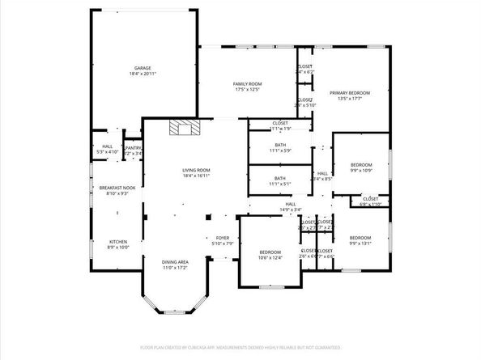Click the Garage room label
[x=143, y=68]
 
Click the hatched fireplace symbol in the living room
[x=183, y=127]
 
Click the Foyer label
[x=222, y=238]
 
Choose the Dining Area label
[x=176, y=262]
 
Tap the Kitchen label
[x=118, y=242]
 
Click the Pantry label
[x=134, y=147]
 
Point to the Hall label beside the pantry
[x=107, y=146]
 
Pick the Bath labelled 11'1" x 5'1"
[x=279, y=178]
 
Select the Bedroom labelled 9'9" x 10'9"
[x=360, y=164]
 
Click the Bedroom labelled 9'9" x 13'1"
[x=360, y=238]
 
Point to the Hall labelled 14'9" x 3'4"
[x=290, y=204]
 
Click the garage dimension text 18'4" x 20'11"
[x=143, y=74]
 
